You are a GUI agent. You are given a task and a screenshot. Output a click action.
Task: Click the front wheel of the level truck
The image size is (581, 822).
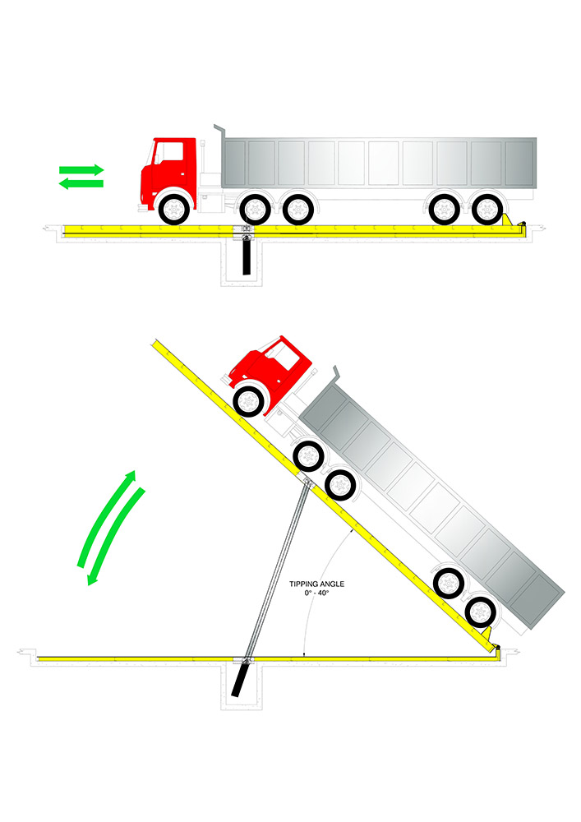[x=173, y=209]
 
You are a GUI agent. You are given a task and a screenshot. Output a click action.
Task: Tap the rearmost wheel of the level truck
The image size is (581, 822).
[x=487, y=209]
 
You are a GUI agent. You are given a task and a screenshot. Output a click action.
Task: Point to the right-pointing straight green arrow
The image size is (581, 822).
[x=81, y=170]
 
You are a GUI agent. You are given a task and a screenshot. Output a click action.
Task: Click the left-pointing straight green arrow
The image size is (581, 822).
[x=81, y=183]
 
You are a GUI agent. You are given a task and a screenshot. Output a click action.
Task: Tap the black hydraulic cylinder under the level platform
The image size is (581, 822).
[x=247, y=256]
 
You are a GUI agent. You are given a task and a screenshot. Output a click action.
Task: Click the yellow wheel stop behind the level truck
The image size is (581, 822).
[x=507, y=219]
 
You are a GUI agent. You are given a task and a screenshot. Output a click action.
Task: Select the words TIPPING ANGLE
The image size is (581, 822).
[x=316, y=584]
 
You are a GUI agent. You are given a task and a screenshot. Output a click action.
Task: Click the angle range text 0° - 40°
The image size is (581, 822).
[x=316, y=593]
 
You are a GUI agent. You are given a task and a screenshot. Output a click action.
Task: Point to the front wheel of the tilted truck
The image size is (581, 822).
[x=248, y=402]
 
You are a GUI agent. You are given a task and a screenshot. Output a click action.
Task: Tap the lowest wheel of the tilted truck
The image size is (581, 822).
[x=481, y=612]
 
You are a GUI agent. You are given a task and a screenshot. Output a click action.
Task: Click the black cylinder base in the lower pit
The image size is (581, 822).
[x=239, y=680]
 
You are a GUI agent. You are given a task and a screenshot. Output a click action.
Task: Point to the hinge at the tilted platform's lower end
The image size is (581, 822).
[x=496, y=649]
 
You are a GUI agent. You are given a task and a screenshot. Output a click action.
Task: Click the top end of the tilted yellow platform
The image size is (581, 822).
[x=155, y=342]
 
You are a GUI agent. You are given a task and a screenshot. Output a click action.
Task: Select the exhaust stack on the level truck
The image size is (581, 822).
[x=219, y=132]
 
